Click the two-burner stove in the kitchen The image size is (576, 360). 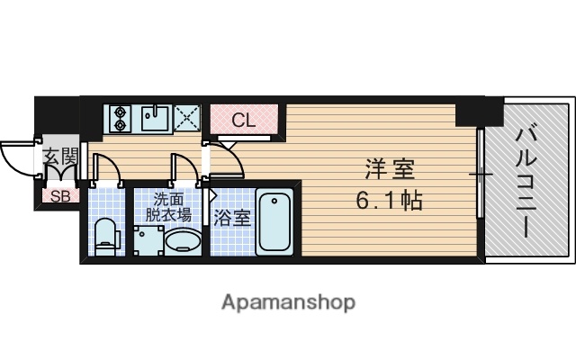pos(120,118)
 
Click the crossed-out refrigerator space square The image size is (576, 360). pos(188,118)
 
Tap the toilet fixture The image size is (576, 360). pos(106,235)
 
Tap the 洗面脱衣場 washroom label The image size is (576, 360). pos(170,206)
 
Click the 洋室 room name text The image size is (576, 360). pos(391,168)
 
